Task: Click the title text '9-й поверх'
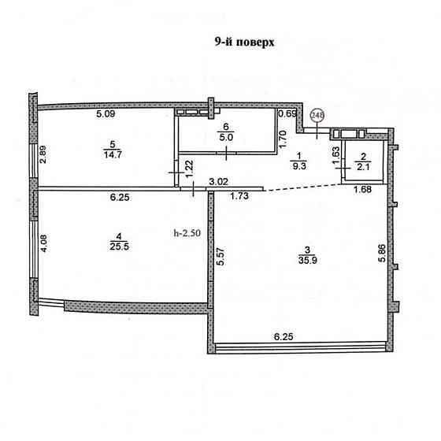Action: (x=244, y=43)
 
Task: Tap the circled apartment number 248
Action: (x=317, y=115)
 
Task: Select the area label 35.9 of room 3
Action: (x=308, y=260)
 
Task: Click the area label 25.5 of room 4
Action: (x=119, y=246)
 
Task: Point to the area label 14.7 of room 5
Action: (x=113, y=154)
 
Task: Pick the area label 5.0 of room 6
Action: (x=226, y=138)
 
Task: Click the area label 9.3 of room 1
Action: (x=299, y=166)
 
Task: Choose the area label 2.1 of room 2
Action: (x=363, y=167)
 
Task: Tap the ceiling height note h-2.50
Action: (x=187, y=233)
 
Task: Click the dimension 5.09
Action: (x=106, y=114)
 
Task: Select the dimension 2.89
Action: (x=43, y=154)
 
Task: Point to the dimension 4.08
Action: (x=44, y=243)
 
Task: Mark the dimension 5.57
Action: (x=220, y=256)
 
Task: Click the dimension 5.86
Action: (x=382, y=253)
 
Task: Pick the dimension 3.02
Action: (x=219, y=182)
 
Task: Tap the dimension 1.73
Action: (x=239, y=196)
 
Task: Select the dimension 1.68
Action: (x=362, y=190)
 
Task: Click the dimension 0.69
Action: (x=287, y=113)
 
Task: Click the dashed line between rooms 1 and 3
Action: (x=302, y=187)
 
